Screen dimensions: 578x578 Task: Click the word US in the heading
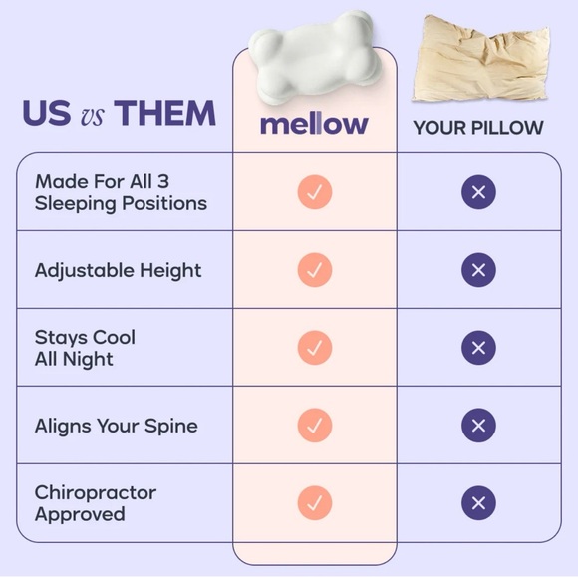point(47,113)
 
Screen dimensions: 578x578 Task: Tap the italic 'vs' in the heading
point(94,115)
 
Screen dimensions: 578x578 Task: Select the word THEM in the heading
point(163,113)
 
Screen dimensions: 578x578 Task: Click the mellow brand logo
point(314,125)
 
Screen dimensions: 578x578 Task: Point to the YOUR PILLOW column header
point(479,128)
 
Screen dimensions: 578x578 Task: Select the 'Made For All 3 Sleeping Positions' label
point(121,192)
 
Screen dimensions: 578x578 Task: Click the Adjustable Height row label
point(118,270)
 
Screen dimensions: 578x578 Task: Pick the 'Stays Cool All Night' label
point(85,347)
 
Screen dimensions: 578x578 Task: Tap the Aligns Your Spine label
point(116,426)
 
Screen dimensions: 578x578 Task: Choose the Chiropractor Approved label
point(95,503)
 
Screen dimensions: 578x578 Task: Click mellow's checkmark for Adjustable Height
point(314,270)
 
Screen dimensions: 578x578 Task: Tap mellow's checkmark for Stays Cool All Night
point(314,347)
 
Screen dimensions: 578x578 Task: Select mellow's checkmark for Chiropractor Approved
point(314,502)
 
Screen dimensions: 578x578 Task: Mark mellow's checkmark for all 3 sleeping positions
point(314,192)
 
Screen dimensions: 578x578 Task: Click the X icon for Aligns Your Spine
point(478,426)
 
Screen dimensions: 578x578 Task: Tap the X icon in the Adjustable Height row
point(478,270)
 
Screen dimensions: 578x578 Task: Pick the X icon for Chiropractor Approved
point(478,502)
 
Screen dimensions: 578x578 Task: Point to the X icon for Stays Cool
point(478,347)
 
